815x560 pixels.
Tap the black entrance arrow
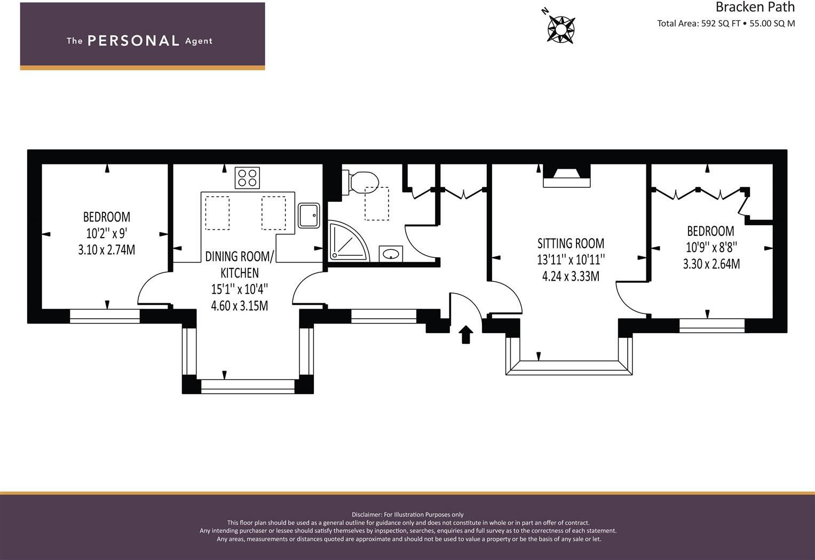[x=466, y=334]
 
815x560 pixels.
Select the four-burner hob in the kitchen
[x=247, y=178]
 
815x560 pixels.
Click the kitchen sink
[x=308, y=215]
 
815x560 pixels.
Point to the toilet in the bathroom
[x=362, y=182]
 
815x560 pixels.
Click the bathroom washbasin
[x=391, y=254]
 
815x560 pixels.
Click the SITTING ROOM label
[x=571, y=243]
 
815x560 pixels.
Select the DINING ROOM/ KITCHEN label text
[x=239, y=265]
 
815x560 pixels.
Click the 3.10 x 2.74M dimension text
[x=107, y=249]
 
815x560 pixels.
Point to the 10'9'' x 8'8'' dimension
[x=711, y=248]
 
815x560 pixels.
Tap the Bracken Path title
[x=755, y=7]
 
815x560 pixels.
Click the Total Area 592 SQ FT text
[x=699, y=23]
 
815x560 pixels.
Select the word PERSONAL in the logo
[x=133, y=41]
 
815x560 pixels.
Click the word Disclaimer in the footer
[x=366, y=515]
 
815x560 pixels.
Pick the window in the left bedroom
[x=105, y=316]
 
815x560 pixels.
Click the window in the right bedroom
[x=711, y=325]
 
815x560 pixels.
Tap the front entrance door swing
[x=464, y=305]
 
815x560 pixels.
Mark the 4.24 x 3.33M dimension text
[x=571, y=277]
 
